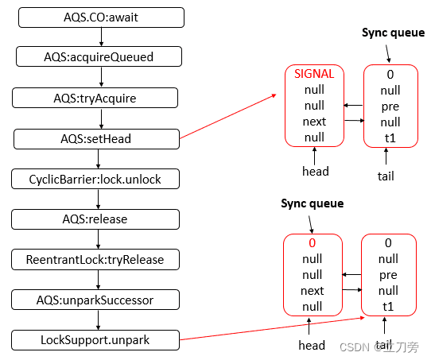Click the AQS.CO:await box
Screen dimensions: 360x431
coord(99,16)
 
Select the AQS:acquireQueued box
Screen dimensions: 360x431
coord(99,56)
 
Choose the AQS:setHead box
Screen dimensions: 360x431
coord(96,138)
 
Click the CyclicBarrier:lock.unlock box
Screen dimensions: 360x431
coord(96,179)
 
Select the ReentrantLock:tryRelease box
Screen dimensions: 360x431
coord(96,259)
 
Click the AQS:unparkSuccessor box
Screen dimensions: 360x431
coord(96,300)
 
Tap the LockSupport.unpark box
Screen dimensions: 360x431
coord(96,341)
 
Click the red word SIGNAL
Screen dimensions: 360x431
coord(314,73)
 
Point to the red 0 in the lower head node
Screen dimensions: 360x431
coord(313,242)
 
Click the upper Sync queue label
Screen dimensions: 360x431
coord(393,33)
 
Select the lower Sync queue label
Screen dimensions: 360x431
coord(312,203)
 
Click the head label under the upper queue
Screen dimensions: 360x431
coord(316,171)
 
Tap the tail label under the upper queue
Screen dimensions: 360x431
coord(386,176)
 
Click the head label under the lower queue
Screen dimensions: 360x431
coord(312,345)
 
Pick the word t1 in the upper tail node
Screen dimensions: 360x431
coord(390,137)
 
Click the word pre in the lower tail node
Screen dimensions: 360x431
coord(388,275)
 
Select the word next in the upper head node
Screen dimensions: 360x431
coord(314,122)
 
